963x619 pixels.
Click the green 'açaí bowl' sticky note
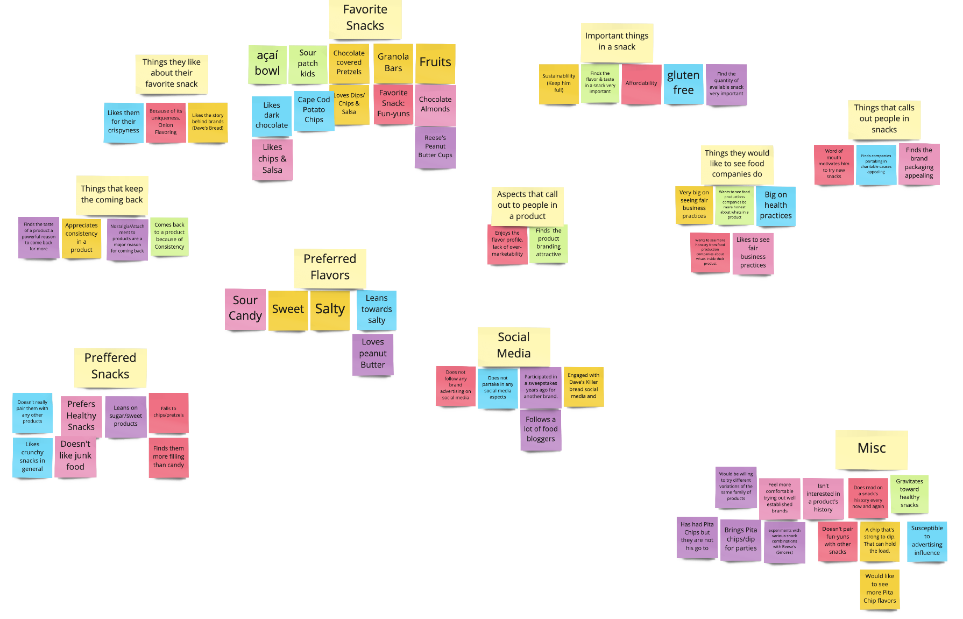point(267,64)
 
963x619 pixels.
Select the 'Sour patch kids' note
point(308,64)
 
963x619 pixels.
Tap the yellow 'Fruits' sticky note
point(435,63)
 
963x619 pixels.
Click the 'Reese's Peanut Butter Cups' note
point(435,147)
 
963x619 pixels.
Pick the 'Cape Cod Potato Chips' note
point(314,110)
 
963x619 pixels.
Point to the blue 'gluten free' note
point(683,83)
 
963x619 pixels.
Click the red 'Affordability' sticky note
point(641,83)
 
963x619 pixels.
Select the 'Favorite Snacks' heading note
point(365,18)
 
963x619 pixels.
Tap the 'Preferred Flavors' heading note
point(330,268)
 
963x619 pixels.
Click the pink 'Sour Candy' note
point(245,308)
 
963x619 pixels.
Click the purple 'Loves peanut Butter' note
point(373,354)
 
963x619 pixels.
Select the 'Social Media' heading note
point(514,346)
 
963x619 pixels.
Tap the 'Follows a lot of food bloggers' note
point(541,430)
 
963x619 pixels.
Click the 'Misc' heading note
point(872,449)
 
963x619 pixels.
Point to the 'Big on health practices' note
point(775,206)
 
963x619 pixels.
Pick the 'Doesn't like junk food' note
point(75,456)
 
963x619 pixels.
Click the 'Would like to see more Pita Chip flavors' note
point(880,589)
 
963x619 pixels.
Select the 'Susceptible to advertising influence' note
point(926,541)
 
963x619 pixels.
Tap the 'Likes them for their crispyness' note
point(123,122)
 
